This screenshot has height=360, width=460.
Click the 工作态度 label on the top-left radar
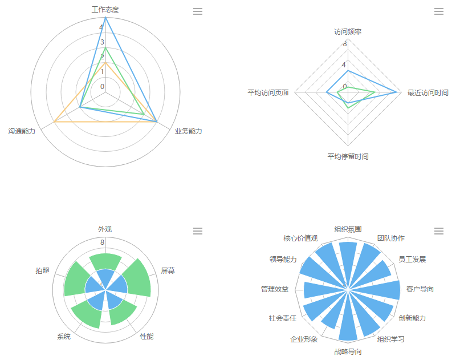105,10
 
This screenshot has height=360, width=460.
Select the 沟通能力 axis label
22,131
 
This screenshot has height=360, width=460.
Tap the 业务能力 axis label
188,131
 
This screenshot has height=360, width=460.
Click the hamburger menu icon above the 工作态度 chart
198,11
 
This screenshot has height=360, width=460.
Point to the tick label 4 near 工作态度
101,27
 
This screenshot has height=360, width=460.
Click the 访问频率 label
348,32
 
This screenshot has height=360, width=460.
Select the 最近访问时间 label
428,92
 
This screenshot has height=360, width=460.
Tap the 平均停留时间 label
348,156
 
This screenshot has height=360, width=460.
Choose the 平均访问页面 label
268,92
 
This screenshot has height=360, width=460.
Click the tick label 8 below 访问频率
344,43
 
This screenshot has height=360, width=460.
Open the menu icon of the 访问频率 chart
439,11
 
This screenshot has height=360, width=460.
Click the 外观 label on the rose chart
105,229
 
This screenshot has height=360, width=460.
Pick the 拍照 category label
42,271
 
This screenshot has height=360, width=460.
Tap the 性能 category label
147,336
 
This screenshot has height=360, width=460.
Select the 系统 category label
64,337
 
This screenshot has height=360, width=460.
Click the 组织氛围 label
348,229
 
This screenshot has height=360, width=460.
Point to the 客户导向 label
420,289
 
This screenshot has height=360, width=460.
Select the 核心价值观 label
300,238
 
